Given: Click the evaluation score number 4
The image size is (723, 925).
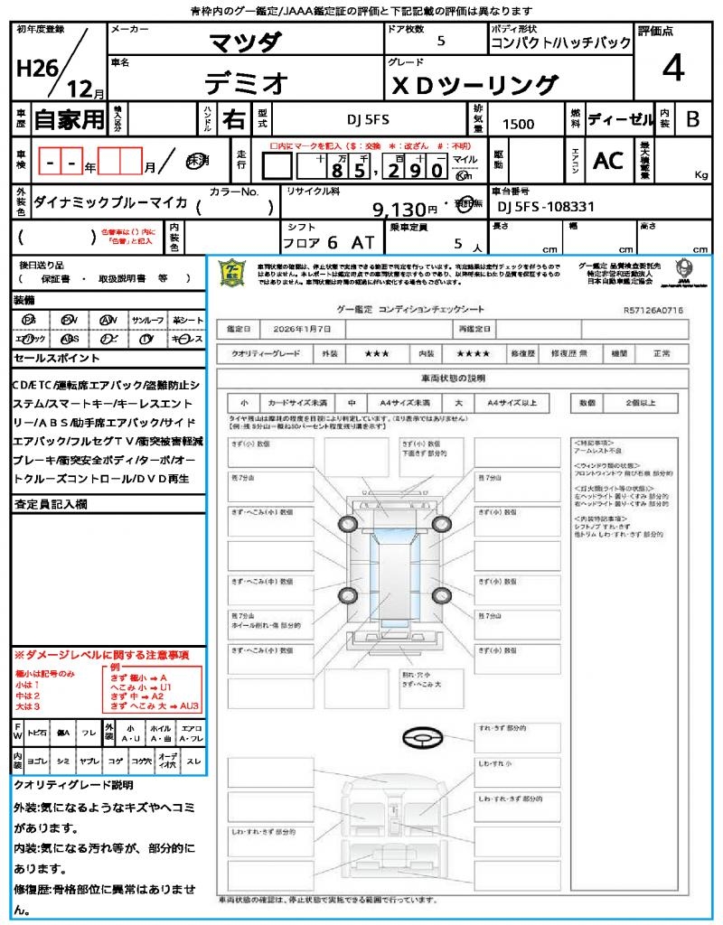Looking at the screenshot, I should click(x=672, y=69).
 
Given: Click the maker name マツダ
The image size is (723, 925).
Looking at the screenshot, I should click(x=245, y=42).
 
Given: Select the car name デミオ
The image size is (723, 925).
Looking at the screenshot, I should click(x=246, y=83).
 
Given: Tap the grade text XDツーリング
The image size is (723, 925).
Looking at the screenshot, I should click(x=474, y=85).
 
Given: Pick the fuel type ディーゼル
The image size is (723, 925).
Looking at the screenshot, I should click(x=620, y=118).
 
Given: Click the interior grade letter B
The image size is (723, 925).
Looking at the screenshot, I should click(x=692, y=118).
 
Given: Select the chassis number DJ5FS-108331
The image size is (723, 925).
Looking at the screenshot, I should click(x=547, y=207).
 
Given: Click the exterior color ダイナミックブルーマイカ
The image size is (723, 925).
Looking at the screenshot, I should click(x=110, y=203).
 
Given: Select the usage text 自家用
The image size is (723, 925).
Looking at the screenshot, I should click(x=70, y=119).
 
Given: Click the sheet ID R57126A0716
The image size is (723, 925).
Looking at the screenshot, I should click(x=653, y=309).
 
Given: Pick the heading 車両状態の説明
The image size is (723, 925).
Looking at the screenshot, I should click(x=453, y=377).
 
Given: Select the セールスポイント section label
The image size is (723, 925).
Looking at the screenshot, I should click(x=48, y=358).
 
